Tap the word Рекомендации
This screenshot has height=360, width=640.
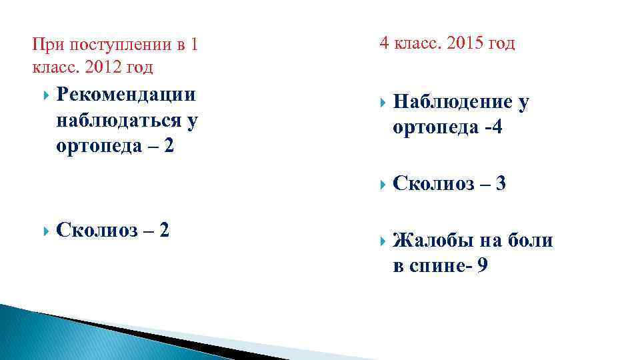[x=127, y=95]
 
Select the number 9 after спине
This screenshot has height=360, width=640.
[x=482, y=266]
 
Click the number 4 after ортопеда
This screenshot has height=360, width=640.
[x=495, y=127]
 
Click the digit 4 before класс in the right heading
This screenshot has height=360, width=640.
[x=384, y=43]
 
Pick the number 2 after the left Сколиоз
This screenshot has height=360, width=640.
[x=163, y=230]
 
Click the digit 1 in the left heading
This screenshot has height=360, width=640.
[x=194, y=45]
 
